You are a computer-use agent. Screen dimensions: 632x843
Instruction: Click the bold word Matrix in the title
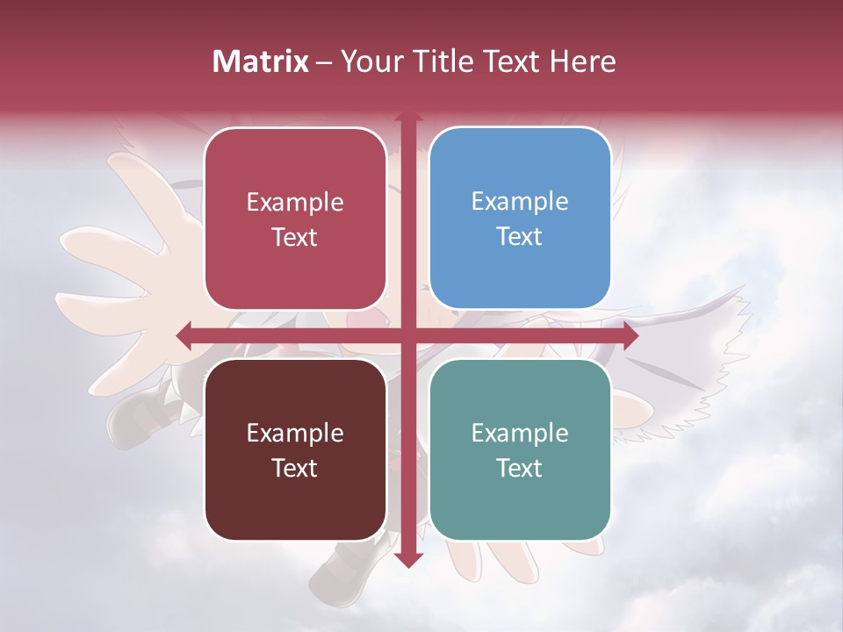tap(261, 61)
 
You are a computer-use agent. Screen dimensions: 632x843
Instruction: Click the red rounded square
tap(295, 219)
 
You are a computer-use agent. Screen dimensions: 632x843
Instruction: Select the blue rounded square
tap(520, 219)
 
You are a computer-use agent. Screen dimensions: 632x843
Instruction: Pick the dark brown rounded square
tap(295, 449)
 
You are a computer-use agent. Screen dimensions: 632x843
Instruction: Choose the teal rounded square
tap(520, 449)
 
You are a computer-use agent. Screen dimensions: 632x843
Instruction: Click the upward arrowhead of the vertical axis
tap(407, 118)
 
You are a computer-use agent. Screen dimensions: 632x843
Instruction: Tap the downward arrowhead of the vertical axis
tap(407, 558)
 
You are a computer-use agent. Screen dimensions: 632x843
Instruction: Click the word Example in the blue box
tap(520, 201)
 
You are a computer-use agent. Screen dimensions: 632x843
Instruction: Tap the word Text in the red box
tap(295, 237)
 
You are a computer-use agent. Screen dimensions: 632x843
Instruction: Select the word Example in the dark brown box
tap(295, 433)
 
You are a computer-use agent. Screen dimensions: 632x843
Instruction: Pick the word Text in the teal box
tap(520, 468)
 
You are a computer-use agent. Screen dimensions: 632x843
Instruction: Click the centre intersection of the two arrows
tap(407, 334)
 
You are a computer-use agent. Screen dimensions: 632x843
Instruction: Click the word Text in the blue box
tap(520, 236)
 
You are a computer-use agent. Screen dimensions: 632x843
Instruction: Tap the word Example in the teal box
tap(520, 433)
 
